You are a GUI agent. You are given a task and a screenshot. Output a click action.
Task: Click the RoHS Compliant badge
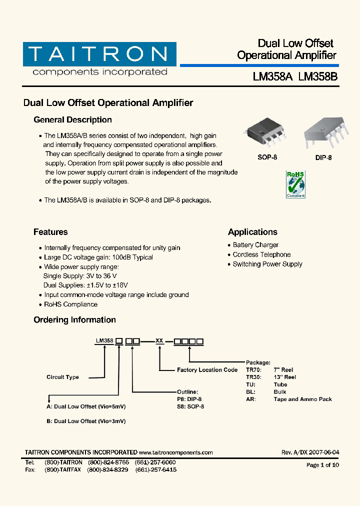295,184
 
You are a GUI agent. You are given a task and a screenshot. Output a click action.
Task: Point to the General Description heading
72,120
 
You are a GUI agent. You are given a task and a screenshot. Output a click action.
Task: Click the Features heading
50,232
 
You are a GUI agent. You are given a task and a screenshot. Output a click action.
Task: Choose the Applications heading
252,232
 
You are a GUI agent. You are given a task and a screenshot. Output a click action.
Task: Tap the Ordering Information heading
74,320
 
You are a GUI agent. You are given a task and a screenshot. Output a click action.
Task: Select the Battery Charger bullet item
255,245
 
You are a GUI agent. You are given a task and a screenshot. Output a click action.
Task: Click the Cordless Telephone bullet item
261,254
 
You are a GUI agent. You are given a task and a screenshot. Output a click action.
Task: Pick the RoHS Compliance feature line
70,304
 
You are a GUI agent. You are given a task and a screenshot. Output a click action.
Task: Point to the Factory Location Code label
207,370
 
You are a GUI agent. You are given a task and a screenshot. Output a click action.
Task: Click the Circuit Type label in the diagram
62,377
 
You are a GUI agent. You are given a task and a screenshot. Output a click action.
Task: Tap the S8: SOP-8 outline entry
190,406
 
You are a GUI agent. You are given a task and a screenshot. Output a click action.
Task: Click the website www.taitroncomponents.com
175,452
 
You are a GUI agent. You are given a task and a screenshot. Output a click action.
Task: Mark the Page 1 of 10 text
322,465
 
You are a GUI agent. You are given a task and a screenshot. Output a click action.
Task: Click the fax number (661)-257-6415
155,470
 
